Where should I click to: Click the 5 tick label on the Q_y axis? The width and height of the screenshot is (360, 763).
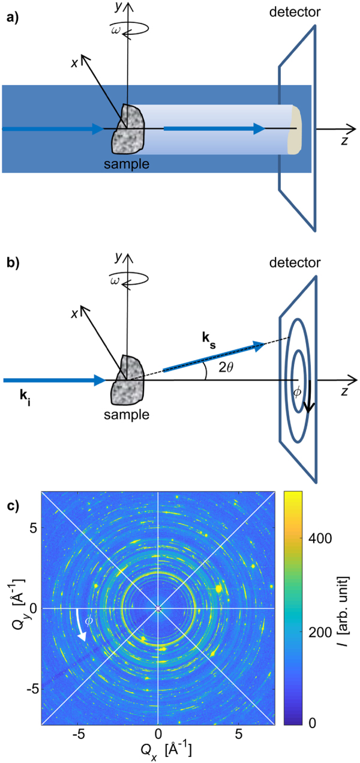click(x=33, y=527)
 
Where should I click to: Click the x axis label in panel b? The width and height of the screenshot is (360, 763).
click(x=75, y=313)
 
